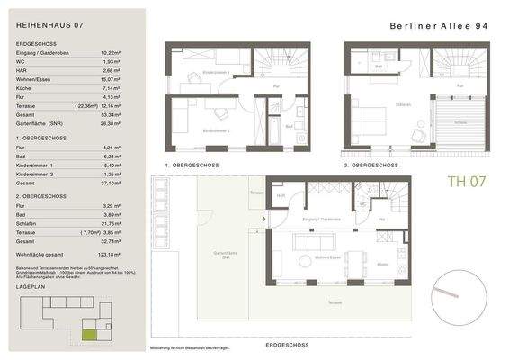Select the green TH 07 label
point(468,182)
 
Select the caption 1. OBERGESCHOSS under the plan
point(192,166)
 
